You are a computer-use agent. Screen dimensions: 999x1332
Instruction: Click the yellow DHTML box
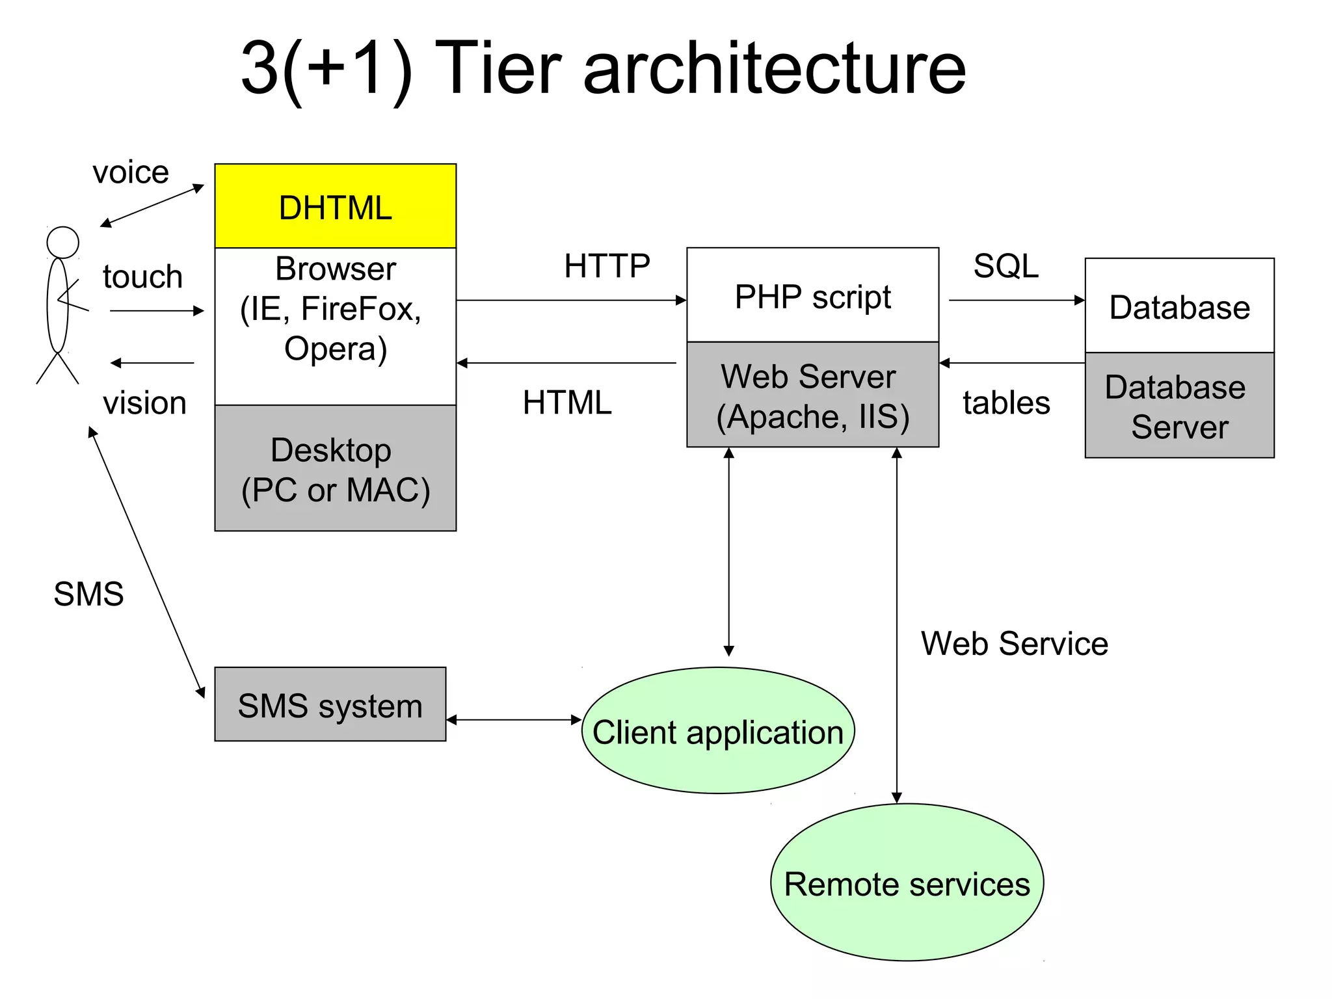(x=335, y=206)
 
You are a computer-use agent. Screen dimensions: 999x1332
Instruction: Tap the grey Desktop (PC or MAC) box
(x=335, y=468)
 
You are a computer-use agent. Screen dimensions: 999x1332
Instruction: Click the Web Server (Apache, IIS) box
(x=812, y=395)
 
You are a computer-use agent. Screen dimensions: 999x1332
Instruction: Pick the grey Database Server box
(x=1179, y=406)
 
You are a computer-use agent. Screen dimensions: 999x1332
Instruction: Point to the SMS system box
(x=330, y=704)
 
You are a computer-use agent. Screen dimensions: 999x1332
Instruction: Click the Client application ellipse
(x=717, y=731)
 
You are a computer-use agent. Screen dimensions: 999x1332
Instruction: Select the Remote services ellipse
(x=907, y=883)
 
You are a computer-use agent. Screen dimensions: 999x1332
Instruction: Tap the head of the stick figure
(x=62, y=243)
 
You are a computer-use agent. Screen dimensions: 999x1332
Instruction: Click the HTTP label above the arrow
(x=607, y=266)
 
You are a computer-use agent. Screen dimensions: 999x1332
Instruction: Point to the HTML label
(x=567, y=403)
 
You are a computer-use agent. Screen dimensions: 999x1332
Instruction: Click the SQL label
(x=1006, y=266)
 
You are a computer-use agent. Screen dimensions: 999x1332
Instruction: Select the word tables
(x=1006, y=403)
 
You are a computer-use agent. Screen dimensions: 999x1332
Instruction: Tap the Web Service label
(x=1014, y=644)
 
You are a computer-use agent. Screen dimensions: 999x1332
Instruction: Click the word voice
(x=131, y=172)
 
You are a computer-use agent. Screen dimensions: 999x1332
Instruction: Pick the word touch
(x=142, y=276)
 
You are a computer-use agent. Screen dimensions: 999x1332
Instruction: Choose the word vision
(x=144, y=403)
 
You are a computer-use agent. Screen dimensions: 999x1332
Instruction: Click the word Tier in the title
(x=498, y=68)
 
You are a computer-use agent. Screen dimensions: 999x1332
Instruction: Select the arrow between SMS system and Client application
(x=514, y=719)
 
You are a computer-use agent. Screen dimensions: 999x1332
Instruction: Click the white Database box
(x=1179, y=306)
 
